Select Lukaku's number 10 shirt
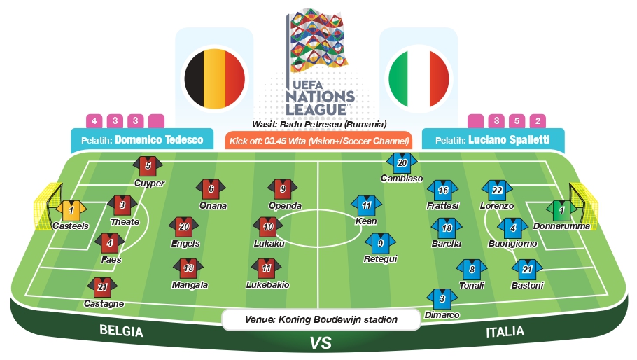point(268,227)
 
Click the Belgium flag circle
point(215,79)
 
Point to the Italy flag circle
point(419,79)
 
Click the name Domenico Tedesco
point(159,140)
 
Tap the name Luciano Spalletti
point(509,140)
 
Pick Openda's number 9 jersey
point(283,189)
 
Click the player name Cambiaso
point(402,178)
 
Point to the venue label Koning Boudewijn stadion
point(337,319)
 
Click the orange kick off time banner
point(318,141)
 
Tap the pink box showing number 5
point(517,120)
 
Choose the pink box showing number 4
point(94,120)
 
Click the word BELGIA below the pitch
point(122,331)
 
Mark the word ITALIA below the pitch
point(505,332)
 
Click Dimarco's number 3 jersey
point(442,300)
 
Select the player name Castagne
point(104,303)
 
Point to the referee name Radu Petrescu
point(310,124)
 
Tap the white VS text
point(321,343)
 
